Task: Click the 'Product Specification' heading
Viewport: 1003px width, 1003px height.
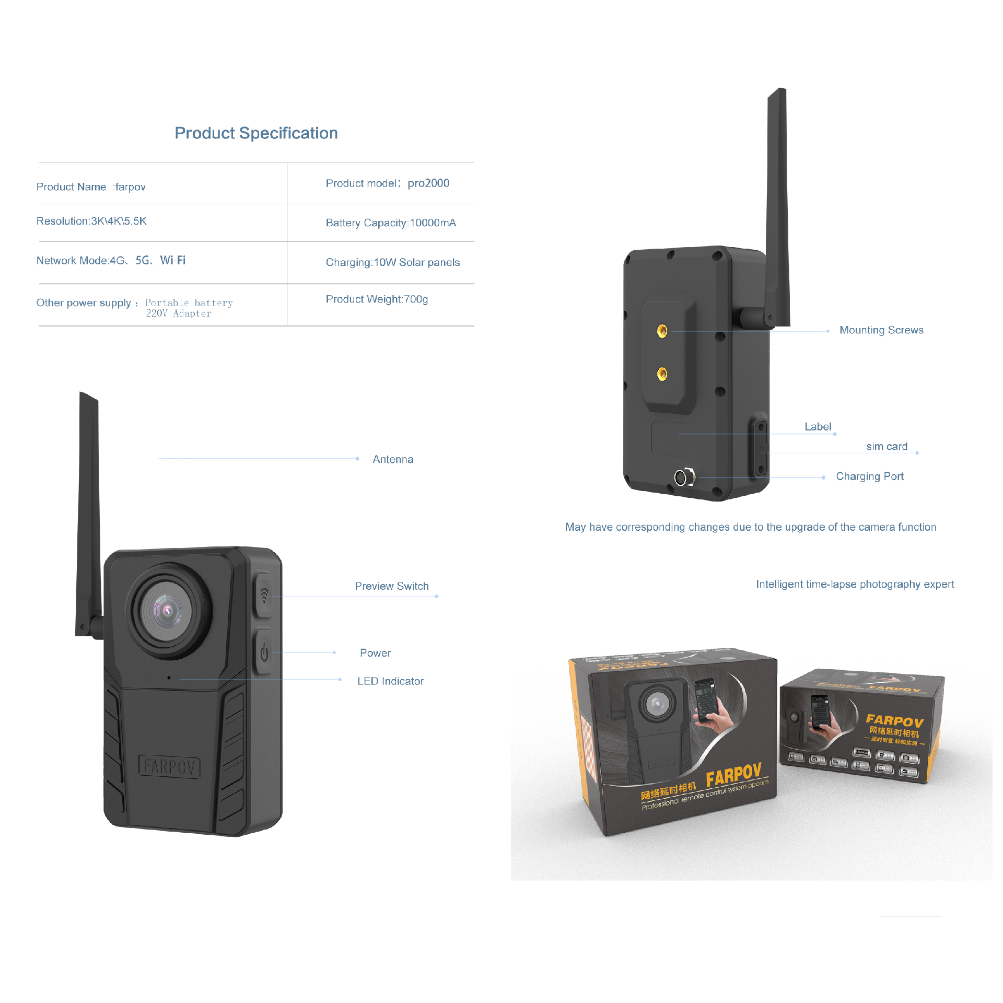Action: pos(256,133)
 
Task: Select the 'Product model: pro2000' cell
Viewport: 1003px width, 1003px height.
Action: pos(387,183)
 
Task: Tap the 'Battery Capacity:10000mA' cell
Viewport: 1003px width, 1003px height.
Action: pos(391,223)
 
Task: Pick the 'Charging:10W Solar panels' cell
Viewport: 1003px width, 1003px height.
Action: pos(392,262)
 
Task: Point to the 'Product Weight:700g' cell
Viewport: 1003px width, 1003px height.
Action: pos(377,299)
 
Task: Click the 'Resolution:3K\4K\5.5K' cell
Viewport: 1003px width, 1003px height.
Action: pos(91,221)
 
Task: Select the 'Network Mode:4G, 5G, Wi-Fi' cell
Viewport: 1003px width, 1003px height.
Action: pos(111,260)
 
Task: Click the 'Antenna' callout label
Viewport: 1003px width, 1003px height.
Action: pos(393,459)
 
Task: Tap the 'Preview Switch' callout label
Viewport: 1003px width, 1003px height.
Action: pos(391,586)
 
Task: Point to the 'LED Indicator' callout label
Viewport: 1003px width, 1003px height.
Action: pos(390,681)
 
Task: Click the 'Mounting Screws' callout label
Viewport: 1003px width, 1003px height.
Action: pos(881,330)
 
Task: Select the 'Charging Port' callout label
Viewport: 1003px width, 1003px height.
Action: pos(869,476)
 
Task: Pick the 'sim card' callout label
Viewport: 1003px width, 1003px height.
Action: pos(887,447)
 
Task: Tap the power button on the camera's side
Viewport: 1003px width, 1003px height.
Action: pos(264,652)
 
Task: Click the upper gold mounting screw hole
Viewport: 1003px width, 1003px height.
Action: pos(662,331)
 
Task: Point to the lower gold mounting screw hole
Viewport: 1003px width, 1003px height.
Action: pos(662,374)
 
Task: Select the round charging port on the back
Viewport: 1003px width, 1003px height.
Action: pos(681,477)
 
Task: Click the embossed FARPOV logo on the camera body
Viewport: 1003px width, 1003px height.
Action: pos(169,767)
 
